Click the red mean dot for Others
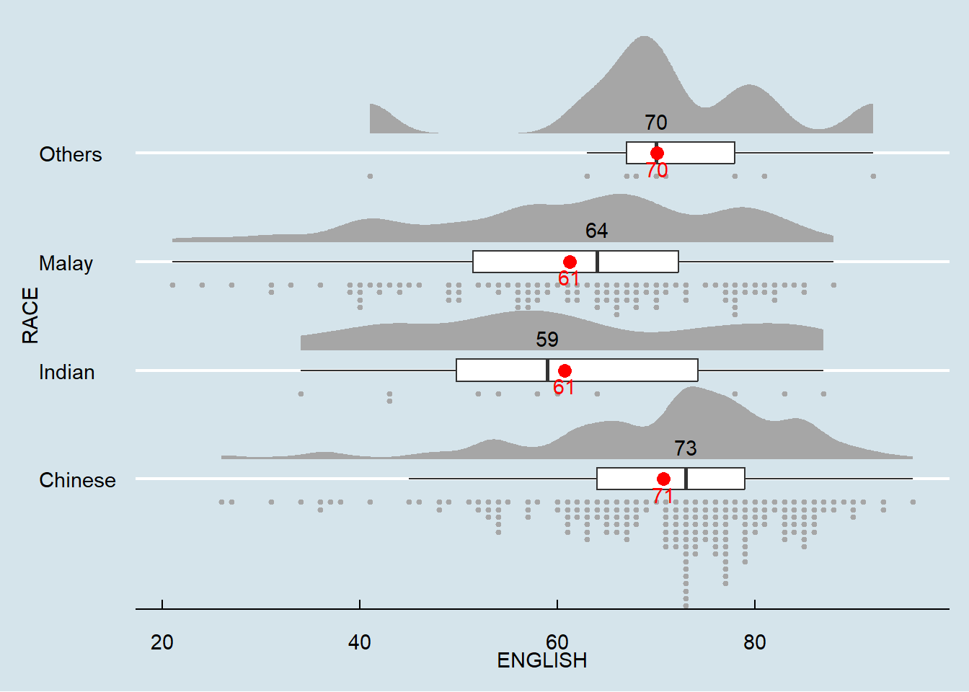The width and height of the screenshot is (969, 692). click(657, 153)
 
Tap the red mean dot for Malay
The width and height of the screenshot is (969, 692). click(570, 262)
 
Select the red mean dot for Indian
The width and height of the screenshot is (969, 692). click(565, 371)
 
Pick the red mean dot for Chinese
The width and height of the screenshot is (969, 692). click(663, 479)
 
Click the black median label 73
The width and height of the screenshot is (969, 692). click(686, 448)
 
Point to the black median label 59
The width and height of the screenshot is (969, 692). click(547, 340)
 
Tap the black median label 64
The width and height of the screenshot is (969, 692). click(596, 231)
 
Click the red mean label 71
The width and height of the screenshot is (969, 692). click(663, 496)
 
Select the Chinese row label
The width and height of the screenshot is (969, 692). click(77, 480)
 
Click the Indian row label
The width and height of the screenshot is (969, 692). click(66, 372)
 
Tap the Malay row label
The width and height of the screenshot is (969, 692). click(66, 263)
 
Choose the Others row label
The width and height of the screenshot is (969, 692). click(70, 154)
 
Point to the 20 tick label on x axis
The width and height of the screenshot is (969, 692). click(162, 642)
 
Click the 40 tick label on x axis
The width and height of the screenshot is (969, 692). click(360, 642)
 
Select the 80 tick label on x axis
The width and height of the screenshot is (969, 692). click(755, 642)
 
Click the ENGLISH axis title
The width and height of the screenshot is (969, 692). click(542, 660)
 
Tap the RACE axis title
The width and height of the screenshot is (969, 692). click(30, 315)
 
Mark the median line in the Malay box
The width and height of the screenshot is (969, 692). click(598, 262)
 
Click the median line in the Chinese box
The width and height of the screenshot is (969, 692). click(686, 479)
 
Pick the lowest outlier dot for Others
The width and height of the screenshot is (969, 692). click(370, 176)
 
